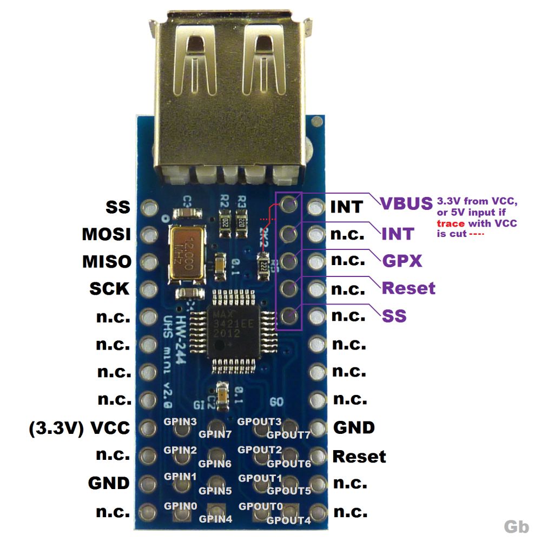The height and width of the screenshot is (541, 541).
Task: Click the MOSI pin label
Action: [x=107, y=234]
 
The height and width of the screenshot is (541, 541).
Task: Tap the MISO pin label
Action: [x=107, y=262]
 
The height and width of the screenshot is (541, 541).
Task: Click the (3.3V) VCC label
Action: [x=80, y=428]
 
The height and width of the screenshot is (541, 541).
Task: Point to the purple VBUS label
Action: [x=406, y=204]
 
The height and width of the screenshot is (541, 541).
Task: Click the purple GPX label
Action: [x=402, y=261]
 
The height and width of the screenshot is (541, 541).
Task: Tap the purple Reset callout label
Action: [x=408, y=288]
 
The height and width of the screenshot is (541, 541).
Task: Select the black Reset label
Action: [x=359, y=456]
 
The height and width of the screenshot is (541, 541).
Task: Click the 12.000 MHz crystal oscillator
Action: [x=185, y=253]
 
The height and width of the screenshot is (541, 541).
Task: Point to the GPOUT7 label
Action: [x=288, y=434]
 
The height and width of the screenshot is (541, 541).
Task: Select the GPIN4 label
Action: [x=215, y=519]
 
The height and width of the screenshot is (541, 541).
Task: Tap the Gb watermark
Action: [x=516, y=526]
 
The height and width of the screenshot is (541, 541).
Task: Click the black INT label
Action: [x=346, y=207]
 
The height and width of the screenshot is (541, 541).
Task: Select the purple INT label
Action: [x=398, y=234]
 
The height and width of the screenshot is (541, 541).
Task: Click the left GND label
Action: [x=109, y=483]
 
